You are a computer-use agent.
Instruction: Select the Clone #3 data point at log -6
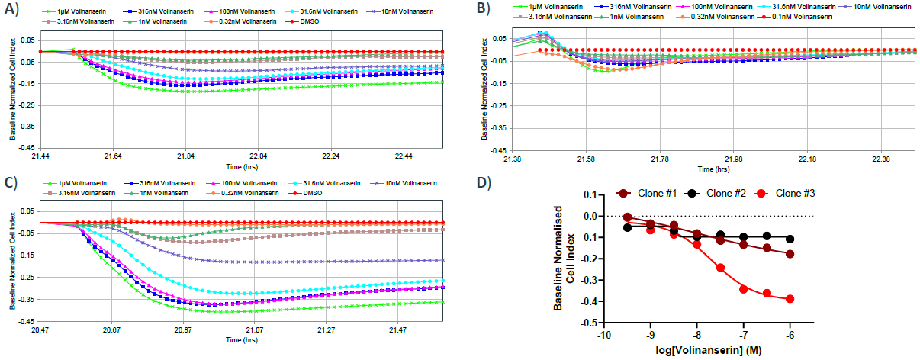[x=790, y=299]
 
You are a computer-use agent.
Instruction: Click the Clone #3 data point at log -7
[x=743, y=289]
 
